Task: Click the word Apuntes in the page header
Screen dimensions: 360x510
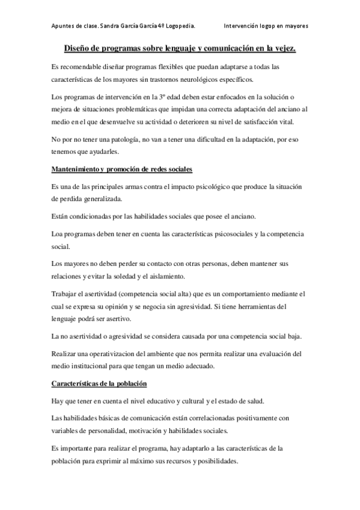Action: pyautogui.click(x=63, y=26)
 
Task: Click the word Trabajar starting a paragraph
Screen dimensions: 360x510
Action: pyautogui.click(x=67, y=293)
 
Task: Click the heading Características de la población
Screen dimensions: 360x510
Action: pyautogui.click(x=99, y=383)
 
